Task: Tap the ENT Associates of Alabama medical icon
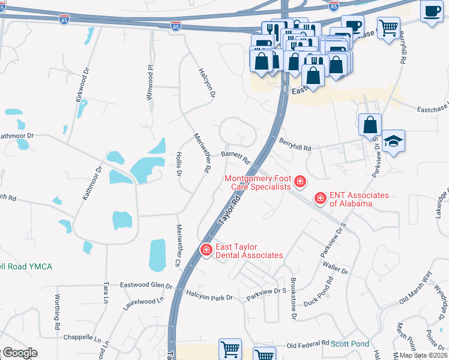tap(321, 197)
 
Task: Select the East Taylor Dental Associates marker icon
tap(206, 249)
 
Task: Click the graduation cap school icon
tap(393, 140)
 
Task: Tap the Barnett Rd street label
tap(235, 157)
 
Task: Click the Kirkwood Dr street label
tap(82, 83)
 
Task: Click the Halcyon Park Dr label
tap(209, 298)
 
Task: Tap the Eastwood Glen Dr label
tap(146, 285)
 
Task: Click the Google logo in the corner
tap(19, 353)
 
